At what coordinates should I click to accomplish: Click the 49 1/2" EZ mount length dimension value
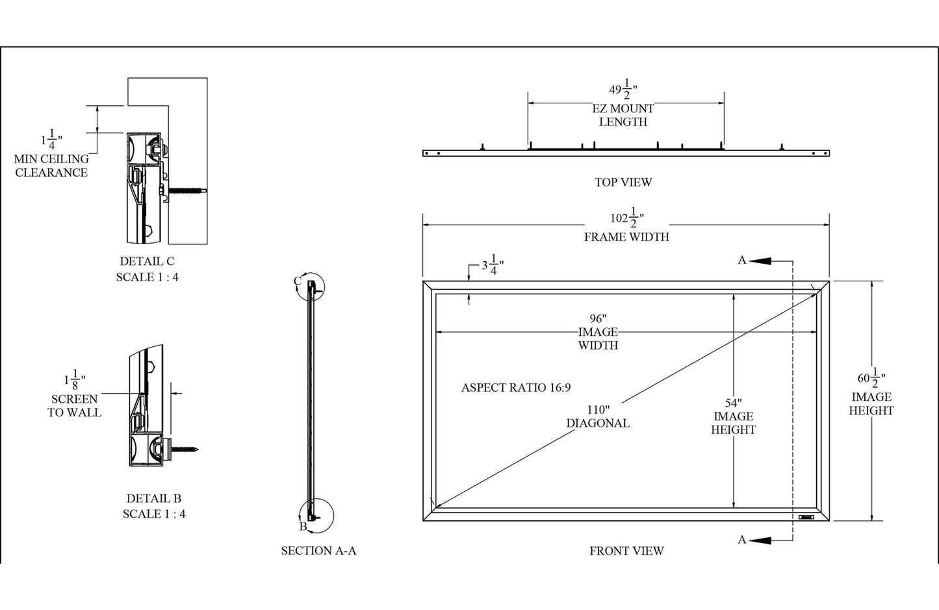(x=623, y=89)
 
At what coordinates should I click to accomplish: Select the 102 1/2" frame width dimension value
(x=626, y=218)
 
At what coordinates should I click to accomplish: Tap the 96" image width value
(x=598, y=318)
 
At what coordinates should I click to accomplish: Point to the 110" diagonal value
(x=598, y=409)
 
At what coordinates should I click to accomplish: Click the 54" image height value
(x=733, y=403)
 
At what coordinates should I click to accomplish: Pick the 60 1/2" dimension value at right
(x=871, y=377)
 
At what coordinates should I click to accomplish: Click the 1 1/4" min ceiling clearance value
(x=51, y=139)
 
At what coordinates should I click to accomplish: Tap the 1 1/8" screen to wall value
(x=74, y=379)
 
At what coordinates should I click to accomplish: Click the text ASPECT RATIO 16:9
(x=515, y=388)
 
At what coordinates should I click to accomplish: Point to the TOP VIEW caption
(x=623, y=183)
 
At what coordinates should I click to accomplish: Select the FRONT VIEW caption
(x=626, y=551)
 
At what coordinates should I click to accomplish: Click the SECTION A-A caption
(x=318, y=551)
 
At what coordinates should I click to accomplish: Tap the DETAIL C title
(x=147, y=261)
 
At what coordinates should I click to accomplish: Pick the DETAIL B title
(x=153, y=499)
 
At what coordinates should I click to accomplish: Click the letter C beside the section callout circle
(x=297, y=281)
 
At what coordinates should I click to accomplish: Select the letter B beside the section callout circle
(x=303, y=526)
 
